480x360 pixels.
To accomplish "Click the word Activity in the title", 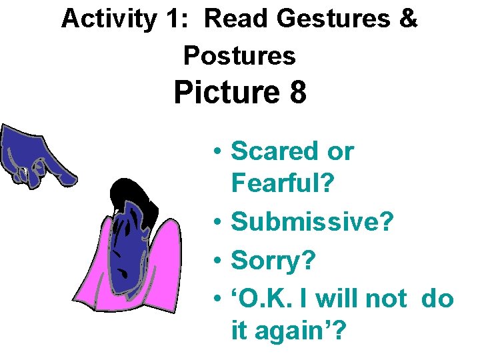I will tap(107, 19).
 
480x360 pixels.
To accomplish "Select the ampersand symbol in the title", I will tap(407, 19).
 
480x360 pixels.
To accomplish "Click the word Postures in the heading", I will tap(239, 55).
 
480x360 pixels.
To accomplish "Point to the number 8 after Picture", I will tap(298, 93).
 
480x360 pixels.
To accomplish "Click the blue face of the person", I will tap(133, 247).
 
